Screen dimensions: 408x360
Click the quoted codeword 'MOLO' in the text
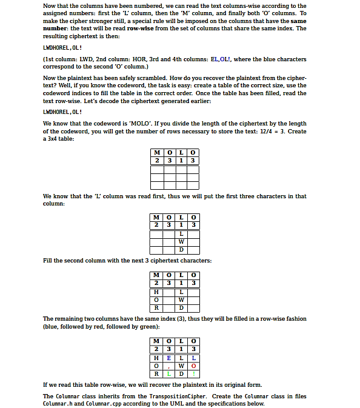tap(152, 124)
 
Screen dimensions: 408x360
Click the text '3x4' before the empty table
tap(52, 139)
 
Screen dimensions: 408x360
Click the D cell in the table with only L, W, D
tap(181, 249)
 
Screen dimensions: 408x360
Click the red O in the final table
tap(193, 365)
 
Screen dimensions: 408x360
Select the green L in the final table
tap(169, 373)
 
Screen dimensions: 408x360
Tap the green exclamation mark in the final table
tap(193, 373)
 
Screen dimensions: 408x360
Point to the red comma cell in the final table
tap(169, 365)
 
